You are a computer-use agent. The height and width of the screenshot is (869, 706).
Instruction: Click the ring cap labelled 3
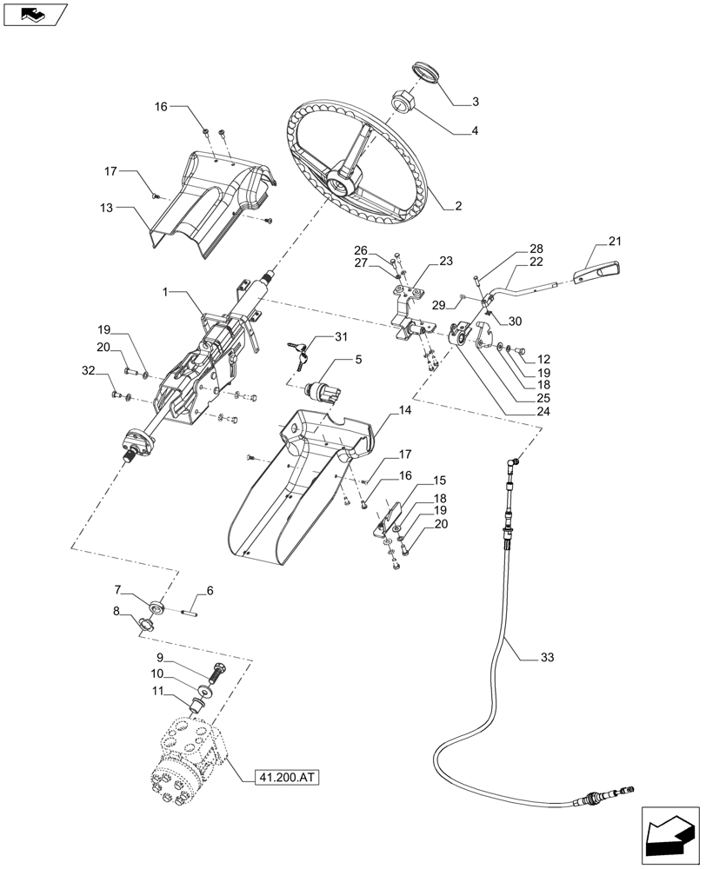425,71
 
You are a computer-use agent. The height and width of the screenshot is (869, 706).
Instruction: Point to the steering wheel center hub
343,182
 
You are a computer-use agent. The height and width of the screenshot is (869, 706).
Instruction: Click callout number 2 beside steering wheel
459,206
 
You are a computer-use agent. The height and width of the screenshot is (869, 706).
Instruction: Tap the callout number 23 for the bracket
446,261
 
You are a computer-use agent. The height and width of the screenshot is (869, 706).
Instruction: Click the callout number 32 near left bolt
88,371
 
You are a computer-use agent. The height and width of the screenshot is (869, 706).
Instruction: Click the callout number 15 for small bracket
439,481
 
